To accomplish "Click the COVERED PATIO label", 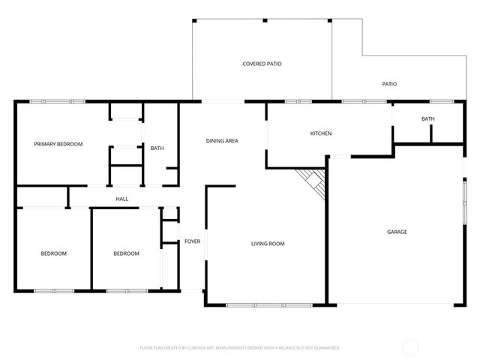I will (262, 64).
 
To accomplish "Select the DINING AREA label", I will (222, 141).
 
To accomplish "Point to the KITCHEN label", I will (321, 133).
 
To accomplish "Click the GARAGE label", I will (397, 232).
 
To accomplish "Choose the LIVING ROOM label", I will (268, 244).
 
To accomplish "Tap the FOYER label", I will (192, 241).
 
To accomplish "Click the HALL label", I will (121, 199).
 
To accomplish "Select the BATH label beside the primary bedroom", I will (157, 148).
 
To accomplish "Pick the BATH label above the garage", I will (427, 118).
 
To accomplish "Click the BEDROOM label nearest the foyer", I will (126, 253).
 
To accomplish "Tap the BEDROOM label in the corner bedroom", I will (53, 253).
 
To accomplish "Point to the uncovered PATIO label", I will (389, 85).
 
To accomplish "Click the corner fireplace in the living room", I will (313, 182).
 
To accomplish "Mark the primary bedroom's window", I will (62, 100).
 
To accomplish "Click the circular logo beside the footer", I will (410, 347).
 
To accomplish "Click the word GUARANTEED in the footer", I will (325, 348).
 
